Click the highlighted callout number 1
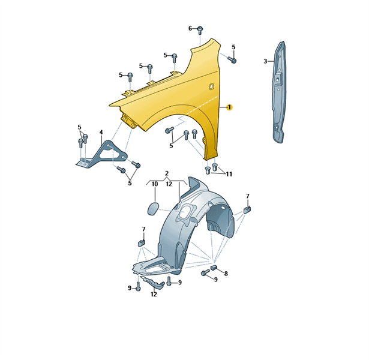coord(229,107)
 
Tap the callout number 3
coord(265,61)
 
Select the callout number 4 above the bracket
coord(101,133)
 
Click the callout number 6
coord(190,29)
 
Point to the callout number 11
coord(229,174)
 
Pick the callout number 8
coord(226,274)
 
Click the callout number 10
coord(155,184)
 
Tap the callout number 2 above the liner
coord(167,173)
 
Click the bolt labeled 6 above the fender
coord(200,30)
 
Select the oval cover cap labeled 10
coord(153,208)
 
